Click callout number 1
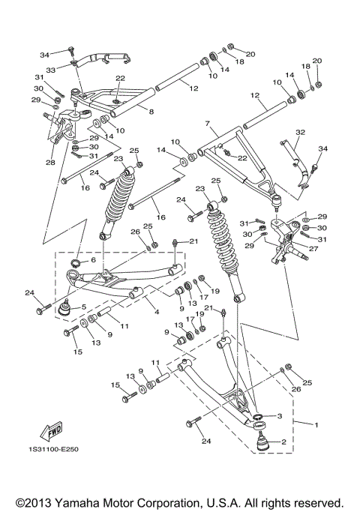point(316,426)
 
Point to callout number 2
point(284,442)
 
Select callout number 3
point(279,416)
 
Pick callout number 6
point(94,260)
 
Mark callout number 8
point(151,111)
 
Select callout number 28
point(50,162)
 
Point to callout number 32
point(300,133)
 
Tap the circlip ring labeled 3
point(256,416)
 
